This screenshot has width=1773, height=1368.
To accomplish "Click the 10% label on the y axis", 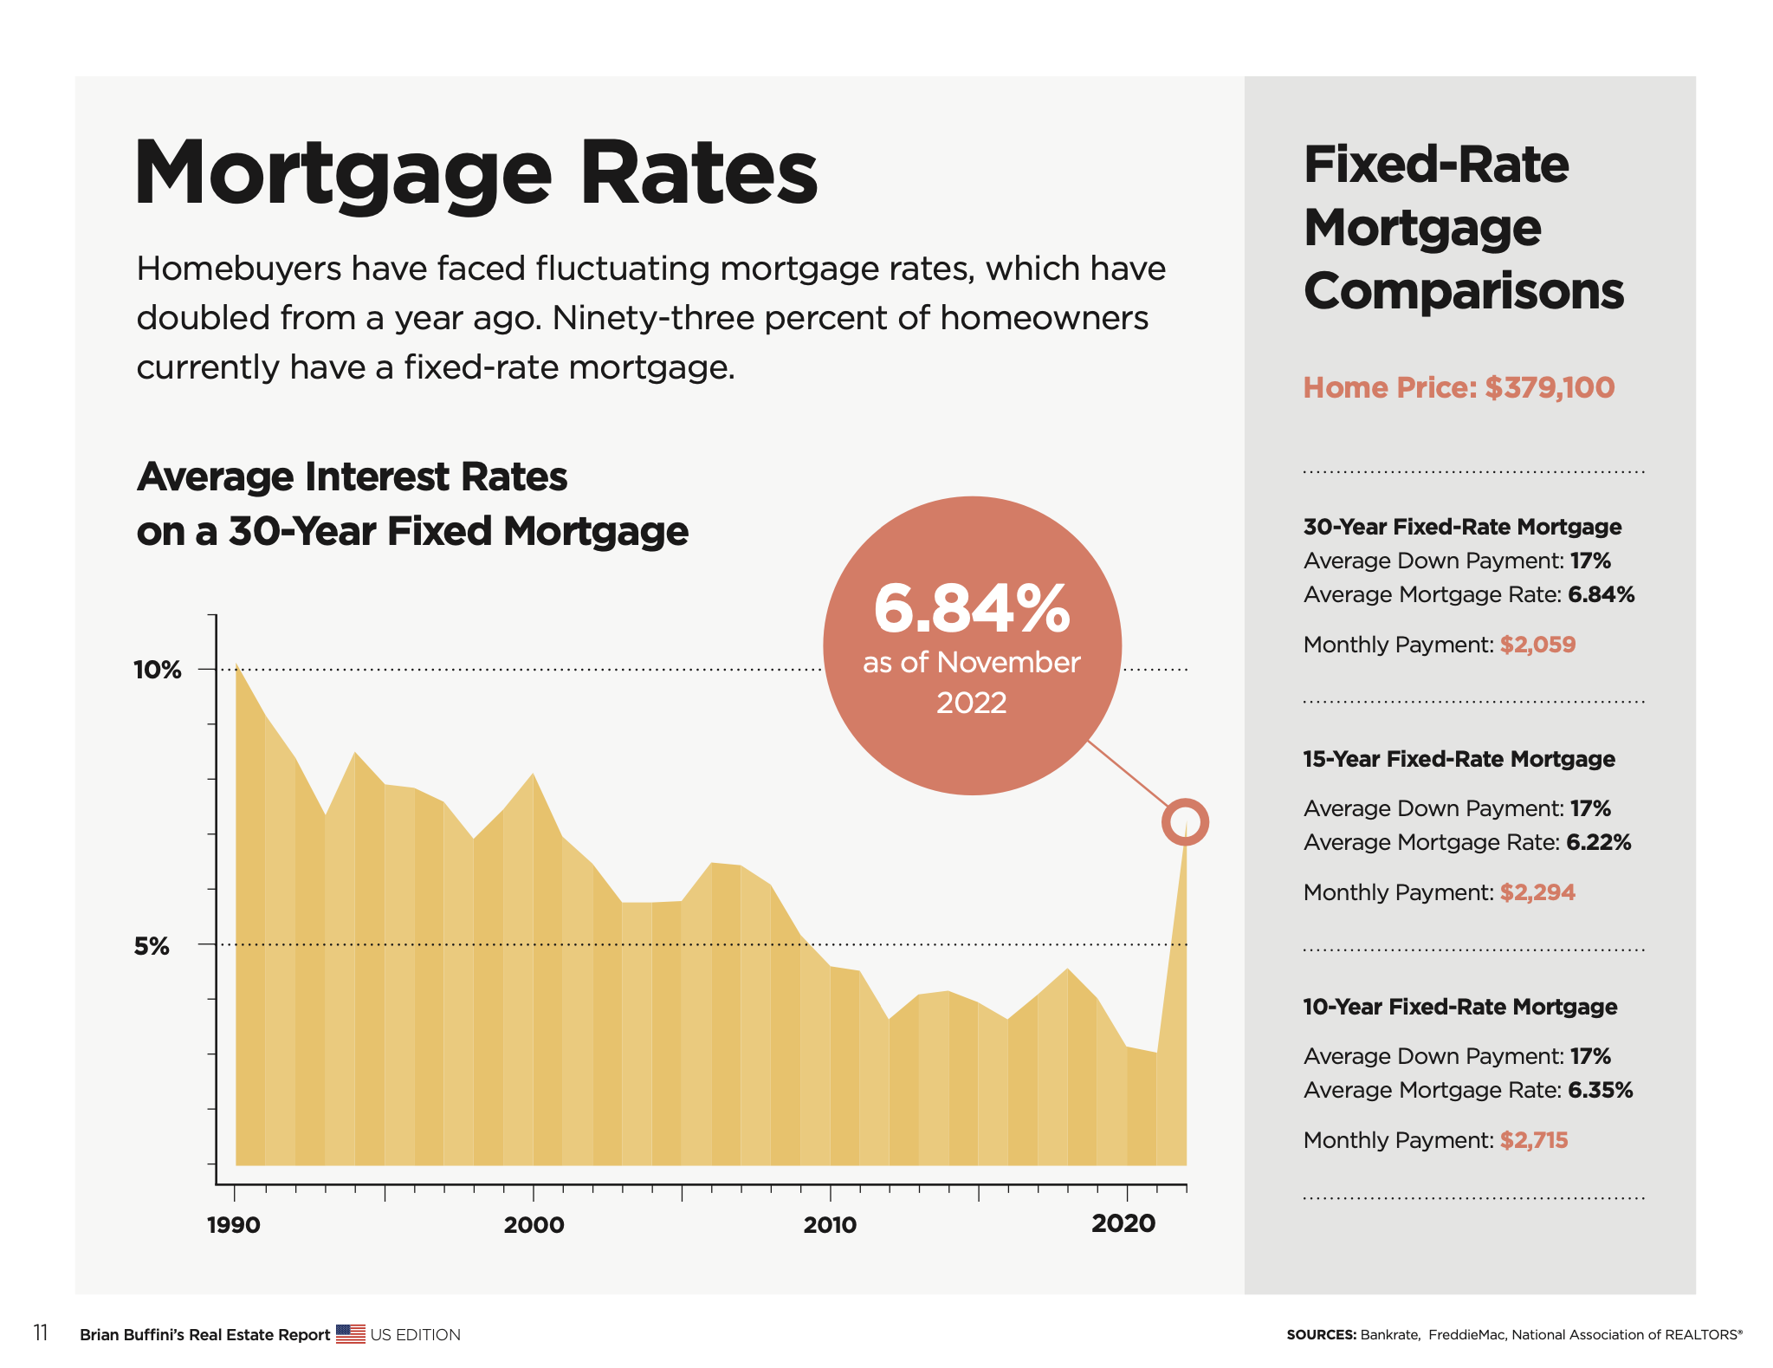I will coord(157,670).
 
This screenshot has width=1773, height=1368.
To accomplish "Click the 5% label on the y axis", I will coord(152,946).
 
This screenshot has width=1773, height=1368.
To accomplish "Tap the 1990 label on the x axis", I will coord(233,1225).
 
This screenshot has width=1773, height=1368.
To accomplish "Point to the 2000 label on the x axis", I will coord(534,1225).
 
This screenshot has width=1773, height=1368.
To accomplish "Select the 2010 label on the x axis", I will coord(830,1225).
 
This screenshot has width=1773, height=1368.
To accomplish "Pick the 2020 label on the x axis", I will coord(1123,1223).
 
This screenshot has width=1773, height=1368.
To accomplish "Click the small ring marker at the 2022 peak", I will coord(1185,821).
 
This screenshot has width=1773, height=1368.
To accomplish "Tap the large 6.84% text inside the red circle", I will coord(972,609).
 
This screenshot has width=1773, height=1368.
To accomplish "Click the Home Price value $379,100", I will coord(1550,387).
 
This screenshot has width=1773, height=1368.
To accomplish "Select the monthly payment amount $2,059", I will coord(1537,645).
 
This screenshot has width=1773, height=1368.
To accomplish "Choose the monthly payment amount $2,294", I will coord(1537,892).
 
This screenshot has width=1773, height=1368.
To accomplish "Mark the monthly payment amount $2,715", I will coord(1534,1140).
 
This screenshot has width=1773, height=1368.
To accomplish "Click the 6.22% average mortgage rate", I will coord(1599,842).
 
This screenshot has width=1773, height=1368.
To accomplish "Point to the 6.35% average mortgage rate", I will coord(1600,1090).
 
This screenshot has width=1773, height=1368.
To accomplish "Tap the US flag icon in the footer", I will coord(350,1334).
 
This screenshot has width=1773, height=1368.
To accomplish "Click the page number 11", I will coord(41,1333).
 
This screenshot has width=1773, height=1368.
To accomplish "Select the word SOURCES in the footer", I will coord(1321,1335).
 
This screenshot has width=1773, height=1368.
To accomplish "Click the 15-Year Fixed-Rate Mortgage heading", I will coord(1459,759).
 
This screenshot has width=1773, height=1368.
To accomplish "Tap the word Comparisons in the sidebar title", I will coord(1464,291).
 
